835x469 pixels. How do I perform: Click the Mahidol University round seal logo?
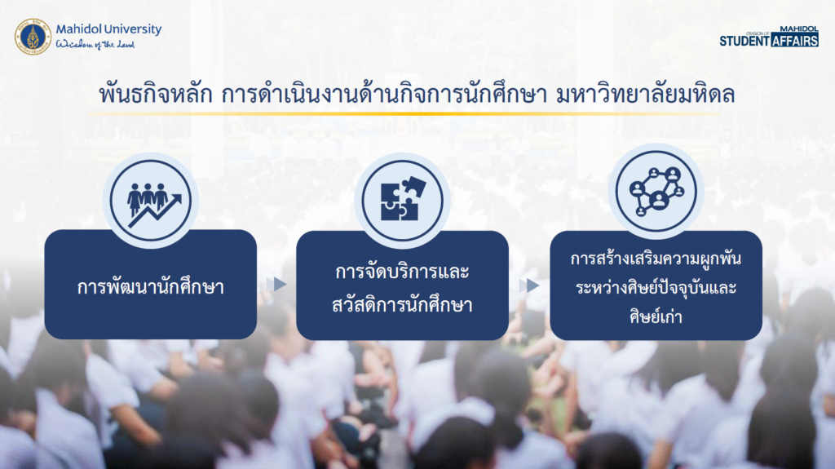pos(33,36)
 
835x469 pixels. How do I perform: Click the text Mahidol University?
pos(108,29)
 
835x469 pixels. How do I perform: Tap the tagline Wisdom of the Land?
pos(95,44)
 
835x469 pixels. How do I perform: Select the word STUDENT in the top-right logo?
pos(744,41)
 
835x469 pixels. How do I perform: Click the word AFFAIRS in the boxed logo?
pos(794,41)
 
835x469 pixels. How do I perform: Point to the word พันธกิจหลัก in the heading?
pos(156,94)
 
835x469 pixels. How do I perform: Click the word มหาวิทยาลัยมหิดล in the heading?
pos(645,94)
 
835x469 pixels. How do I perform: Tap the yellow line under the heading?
pos(404,113)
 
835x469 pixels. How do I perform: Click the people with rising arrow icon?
pos(151,201)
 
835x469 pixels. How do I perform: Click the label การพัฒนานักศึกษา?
pos(151,287)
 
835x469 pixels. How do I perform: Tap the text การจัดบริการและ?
pos(402,272)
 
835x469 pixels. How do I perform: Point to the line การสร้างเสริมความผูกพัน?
pos(656,259)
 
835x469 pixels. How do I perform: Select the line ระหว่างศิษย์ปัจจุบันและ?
pos(656,287)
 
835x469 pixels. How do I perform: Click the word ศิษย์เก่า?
pos(656,316)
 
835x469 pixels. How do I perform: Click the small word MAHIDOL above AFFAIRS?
pos(799,29)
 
